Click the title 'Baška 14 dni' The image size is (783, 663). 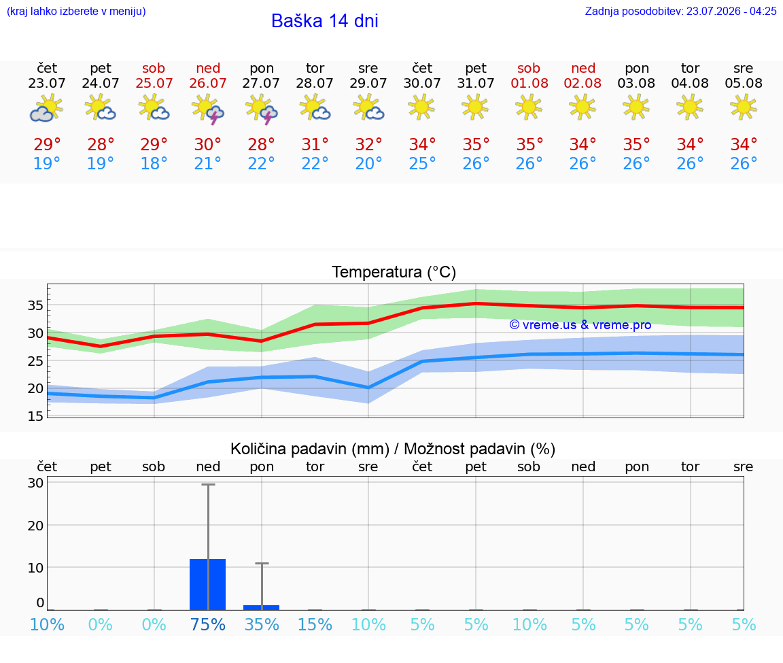pos(325,21)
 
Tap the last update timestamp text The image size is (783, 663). pos(680,11)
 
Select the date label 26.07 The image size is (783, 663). pos(208,83)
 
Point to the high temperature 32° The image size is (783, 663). pos(368,144)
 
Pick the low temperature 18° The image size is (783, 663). pos(154,163)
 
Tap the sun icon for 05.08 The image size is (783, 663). pos(743,107)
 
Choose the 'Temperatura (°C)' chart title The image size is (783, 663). pos(394,272)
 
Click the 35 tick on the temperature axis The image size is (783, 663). pos(35,305)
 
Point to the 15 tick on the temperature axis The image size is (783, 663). pos(35,416)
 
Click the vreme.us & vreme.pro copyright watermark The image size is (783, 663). pos(580,325)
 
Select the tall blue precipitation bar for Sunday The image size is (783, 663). pos(208,585)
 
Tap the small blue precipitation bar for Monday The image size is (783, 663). pos(261,607)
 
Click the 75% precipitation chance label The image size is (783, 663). pos(208,624)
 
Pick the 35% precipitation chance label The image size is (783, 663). pos(262,624)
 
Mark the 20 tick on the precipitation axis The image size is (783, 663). pos(35,526)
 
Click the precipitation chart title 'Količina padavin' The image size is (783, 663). pos(310,449)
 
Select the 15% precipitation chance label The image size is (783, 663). pos(315,624)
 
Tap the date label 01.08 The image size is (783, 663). pos(529,83)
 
